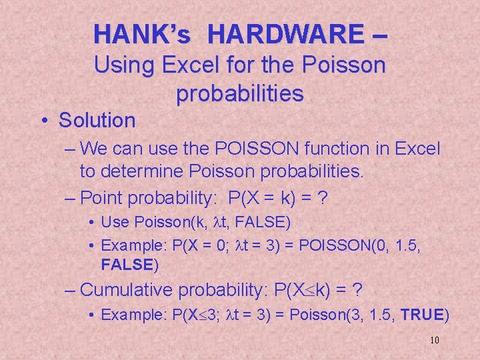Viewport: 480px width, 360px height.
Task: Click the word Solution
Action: coord(97,121)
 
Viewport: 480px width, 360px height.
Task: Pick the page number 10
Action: coord(435,341)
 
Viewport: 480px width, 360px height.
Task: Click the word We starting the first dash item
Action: coord(94,150)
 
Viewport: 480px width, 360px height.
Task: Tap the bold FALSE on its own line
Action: coord(127,265)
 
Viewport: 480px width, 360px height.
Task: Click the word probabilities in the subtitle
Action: coord(239,94)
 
